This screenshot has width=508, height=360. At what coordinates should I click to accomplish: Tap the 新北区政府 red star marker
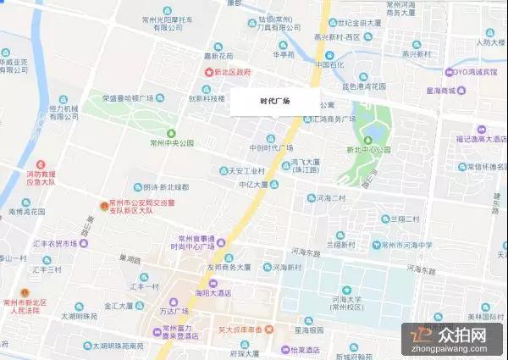[207, 73]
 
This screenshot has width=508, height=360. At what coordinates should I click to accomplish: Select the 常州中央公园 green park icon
[172, 133]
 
